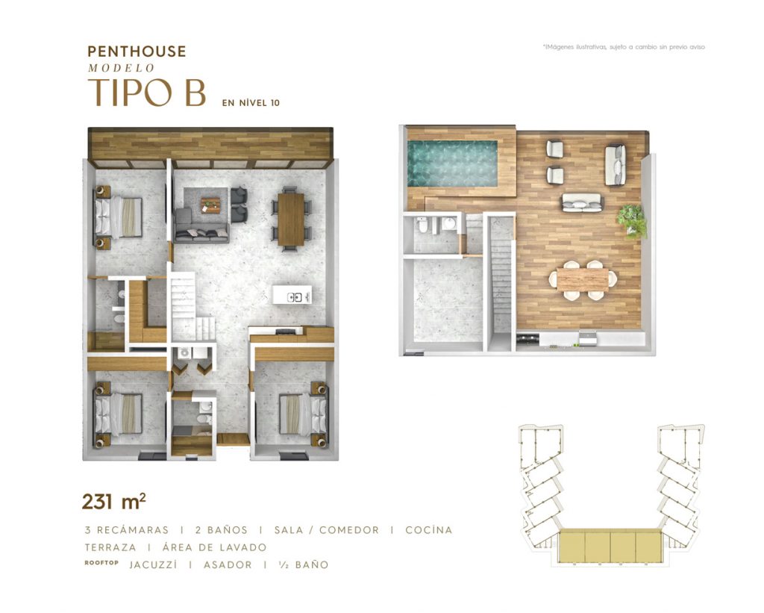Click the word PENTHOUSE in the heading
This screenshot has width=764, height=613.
coord(137,52)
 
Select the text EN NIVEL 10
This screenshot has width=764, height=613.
coord(251,103)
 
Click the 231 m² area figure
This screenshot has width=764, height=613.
coord(114,501)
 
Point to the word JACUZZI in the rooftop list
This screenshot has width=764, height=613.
coord(154,564)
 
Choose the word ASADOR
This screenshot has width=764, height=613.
coord(228,564)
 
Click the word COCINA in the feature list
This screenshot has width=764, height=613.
coord(429,530)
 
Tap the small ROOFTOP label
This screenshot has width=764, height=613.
coord(101,563)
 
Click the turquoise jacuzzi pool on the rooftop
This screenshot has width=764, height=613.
coord(452,164)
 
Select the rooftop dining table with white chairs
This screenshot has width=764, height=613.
coord(583,280)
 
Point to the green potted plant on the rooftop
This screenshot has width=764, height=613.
coord(633,221)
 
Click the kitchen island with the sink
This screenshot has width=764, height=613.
coord(292,295)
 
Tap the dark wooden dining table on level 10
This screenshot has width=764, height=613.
coord(291,219)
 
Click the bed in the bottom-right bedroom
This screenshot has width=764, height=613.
coord(303,414)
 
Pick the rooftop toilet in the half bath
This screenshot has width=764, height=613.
coord(422,225)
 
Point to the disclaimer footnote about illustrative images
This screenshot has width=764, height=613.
coord(624,47)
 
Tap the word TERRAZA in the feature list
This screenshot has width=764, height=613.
coord(110,547)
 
